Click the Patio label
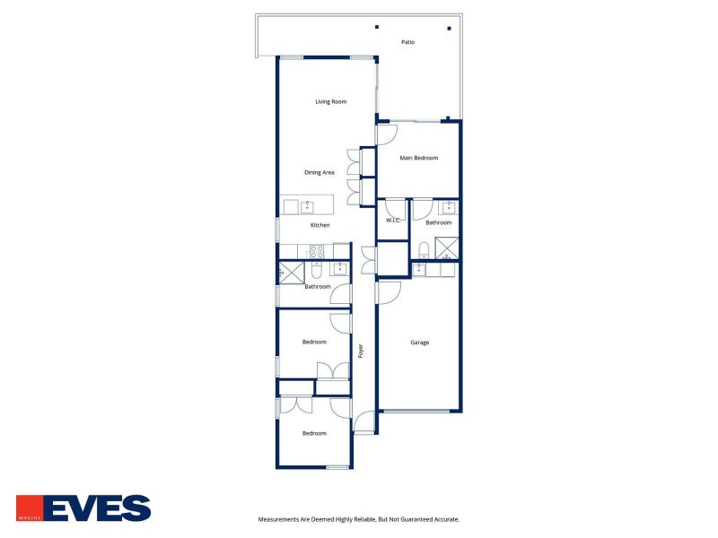(407, 42)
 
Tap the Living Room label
(330, 101)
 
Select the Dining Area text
(320, 172)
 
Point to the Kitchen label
(320, 225)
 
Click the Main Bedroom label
(418, 158)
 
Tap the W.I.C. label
(393, 221)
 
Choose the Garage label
(419, 343)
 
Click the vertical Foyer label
(361, 351)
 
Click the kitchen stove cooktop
(317, 252)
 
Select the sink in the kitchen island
(307, 207)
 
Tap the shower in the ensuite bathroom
(446, 248)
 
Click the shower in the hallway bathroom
(292, 273)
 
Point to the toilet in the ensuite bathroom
(424, 250)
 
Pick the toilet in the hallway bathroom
(317, 270)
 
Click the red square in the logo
(30, 508)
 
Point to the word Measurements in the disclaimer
(278, 520)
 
